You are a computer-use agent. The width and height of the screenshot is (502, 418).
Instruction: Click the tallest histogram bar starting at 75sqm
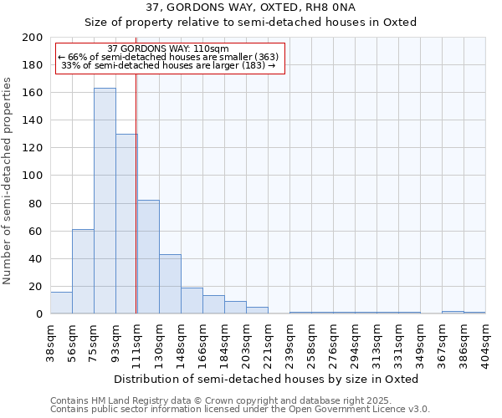pos(105,201)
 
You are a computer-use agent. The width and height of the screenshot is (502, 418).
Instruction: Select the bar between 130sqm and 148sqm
pos(170,283)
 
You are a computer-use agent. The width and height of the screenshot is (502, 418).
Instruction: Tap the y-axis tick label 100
pos(33,176)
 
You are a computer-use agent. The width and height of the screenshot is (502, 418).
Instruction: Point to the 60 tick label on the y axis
pos(35,231)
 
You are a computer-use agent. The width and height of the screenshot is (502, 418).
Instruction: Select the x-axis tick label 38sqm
pos(51,340)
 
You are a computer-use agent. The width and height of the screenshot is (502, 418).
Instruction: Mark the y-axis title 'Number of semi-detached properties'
pos(8,181)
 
